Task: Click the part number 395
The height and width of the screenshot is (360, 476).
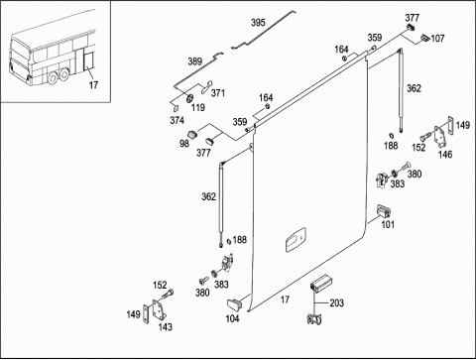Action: pos(258,23)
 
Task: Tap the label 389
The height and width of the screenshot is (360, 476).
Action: pos(194,61)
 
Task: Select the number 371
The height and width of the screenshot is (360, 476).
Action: pos(218,93)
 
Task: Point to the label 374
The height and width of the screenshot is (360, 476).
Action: pos(177,120)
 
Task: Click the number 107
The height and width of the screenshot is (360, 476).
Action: pos(437,39)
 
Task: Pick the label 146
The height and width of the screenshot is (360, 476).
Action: pos(445,154)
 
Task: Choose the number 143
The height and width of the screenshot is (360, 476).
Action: pos(165,327)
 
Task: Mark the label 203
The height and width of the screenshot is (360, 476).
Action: pos(336,302)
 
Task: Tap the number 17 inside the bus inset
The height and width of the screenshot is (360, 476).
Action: pos(93,85)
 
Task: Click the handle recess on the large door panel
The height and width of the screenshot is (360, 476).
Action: pos(296,240)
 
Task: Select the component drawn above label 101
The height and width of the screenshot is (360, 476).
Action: pos(384,210)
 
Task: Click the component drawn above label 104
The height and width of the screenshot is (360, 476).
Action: pos(234,304)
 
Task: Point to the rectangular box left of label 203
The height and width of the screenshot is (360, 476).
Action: pos(320,284)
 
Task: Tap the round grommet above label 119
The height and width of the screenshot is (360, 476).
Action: pos(190,99)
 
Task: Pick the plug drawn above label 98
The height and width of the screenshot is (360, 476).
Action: pos(192,135)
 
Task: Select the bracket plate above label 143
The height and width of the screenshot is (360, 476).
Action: pos(159,310)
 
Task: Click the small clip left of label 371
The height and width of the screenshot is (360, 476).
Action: pos(206,87)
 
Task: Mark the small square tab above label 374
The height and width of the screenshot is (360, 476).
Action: pos(176,108)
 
